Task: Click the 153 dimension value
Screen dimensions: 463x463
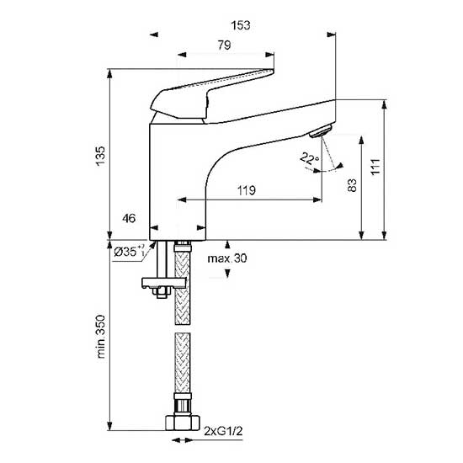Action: [241, 25]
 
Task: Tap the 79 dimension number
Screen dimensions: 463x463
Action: [224, 45]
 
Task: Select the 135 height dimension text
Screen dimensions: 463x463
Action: [100, 156]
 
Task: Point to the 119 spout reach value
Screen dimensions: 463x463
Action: [247, 190]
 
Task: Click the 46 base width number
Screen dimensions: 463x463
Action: [129, 219]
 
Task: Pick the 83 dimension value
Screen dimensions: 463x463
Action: [352, 185]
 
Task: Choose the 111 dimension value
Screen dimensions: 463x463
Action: [375, 167]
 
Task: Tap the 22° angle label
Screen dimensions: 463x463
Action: [309, 158]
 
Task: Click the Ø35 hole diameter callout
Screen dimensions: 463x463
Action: [129, 252]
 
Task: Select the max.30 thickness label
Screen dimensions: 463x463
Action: [227, 258]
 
